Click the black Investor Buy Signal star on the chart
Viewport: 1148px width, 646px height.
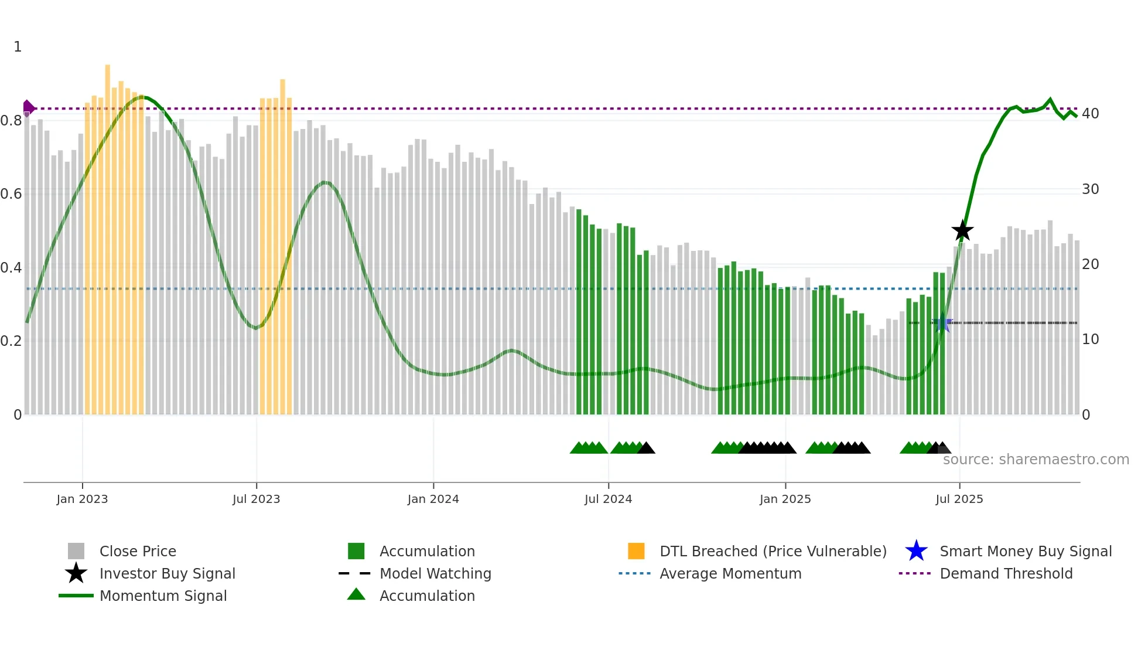click(x=962, y=230)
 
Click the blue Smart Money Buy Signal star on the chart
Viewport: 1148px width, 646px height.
click(x=942, y=324)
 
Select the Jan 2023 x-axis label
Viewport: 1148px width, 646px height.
click(x=82, y=499)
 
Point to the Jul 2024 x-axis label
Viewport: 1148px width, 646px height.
click(x=608, y=499)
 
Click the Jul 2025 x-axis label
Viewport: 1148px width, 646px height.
click(x=959, y=499)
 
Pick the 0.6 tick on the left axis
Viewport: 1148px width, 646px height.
click(x=11, y=193)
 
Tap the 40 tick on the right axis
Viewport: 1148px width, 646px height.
click(x=1090, y=113)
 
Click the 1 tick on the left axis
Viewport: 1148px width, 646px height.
click(x=18, y=46)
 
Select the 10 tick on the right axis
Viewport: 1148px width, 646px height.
click(x=1090, y=339)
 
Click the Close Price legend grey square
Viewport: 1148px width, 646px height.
click(x=76, y=551)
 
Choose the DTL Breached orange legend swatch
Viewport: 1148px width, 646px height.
click(x=636, y=551)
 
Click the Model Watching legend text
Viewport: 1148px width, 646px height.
click(x=435, y=573)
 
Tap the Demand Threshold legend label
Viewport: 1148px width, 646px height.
click(x=1006, y=573)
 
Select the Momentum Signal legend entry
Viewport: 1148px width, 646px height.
click(x=163, y=596)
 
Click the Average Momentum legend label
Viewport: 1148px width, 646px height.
click(x=730, y=573)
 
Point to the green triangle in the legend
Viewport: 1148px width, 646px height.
click(x=356, y=595)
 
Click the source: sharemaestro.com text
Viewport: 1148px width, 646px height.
click(x=1036, y=460)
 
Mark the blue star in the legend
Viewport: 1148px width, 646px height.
click(x=916, y=551)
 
